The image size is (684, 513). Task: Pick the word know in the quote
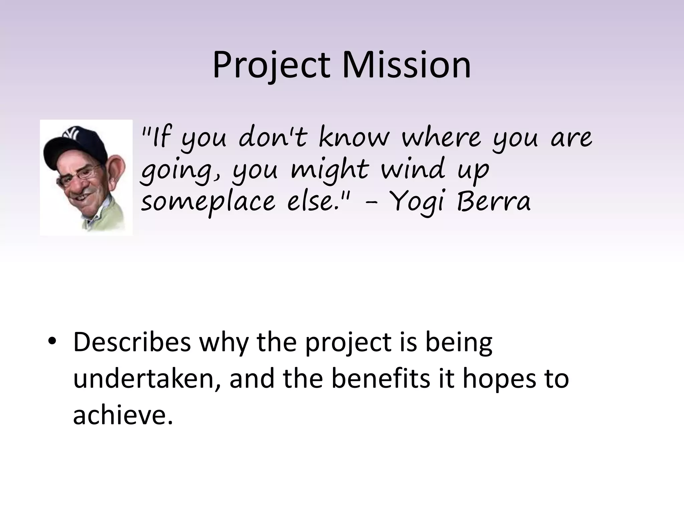pos(354,137)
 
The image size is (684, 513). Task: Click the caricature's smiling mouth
pos(81,196)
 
